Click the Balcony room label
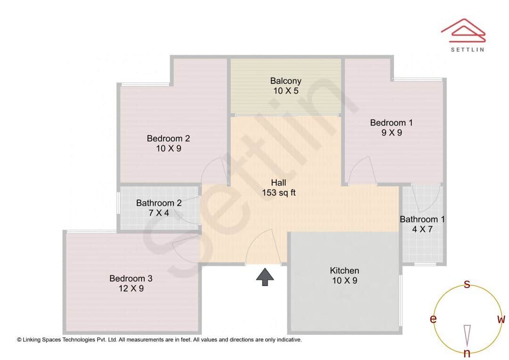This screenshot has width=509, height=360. pos(286,81)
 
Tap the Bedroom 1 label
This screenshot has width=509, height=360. pos(391,123)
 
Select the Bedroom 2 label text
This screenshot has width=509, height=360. pos(168,139)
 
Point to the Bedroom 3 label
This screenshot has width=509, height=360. pos(131,278)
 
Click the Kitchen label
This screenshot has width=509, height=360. pos(345,270)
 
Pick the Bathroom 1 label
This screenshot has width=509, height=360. pos(422,220)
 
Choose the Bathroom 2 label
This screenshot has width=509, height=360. pos(159,203)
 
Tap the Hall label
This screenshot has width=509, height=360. pos(279,183)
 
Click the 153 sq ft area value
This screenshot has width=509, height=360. pos(279,193)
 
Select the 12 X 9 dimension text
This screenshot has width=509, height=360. pos(131,288)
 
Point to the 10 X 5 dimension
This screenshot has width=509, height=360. pos(286,91)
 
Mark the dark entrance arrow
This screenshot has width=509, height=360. pos(265,277)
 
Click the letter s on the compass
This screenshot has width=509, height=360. pos(467,284)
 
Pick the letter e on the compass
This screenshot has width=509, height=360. pos(433,319)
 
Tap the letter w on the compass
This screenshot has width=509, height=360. pos(501,319)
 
